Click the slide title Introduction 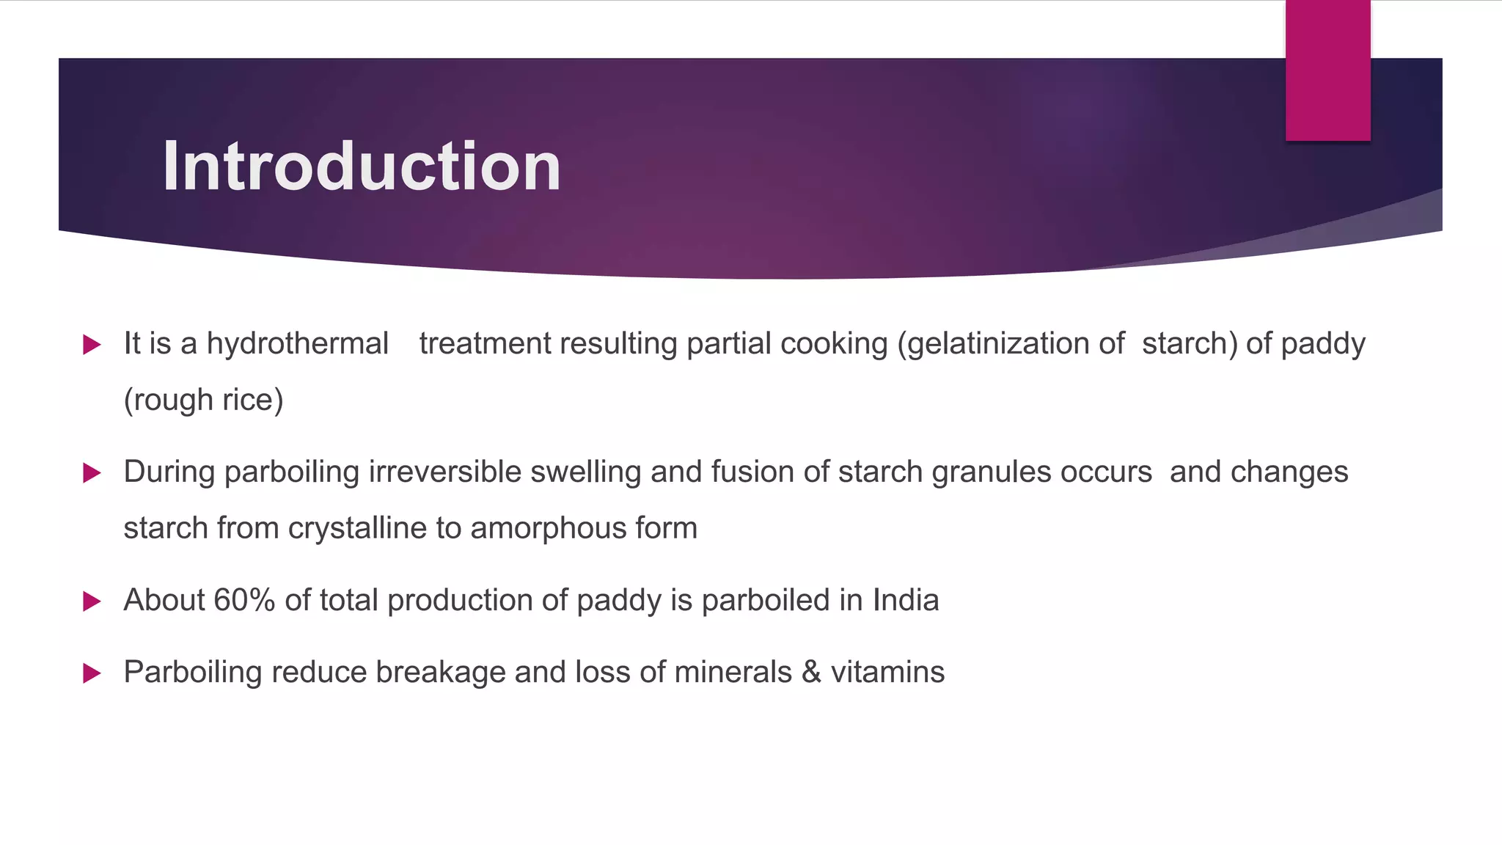362,167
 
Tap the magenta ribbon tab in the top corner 1327,70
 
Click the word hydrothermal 297,343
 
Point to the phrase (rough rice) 203,400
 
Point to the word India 905,600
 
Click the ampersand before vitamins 810,672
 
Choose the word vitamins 887,672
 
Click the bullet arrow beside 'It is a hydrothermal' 92,344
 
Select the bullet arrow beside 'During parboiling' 92,472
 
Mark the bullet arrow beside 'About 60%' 92,601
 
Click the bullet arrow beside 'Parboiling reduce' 92,673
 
